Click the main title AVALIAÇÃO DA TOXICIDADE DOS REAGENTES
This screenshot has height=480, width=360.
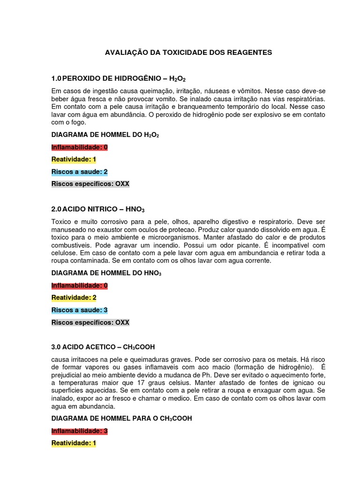click(188, 53)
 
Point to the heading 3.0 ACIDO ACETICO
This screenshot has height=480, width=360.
click(103, 347)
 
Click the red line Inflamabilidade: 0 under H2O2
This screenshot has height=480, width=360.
click(80, 147)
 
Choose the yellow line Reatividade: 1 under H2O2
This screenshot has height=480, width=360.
click(74, 159)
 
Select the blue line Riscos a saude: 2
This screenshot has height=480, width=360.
click(80, 172)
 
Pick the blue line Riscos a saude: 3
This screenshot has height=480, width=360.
click(80, 310)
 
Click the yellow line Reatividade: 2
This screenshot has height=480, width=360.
click(74, 298)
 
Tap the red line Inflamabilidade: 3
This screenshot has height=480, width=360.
click(80, 430)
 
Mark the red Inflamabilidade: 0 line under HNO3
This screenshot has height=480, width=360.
click(80, 285)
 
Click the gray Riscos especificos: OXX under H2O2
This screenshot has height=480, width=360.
click(90, 184)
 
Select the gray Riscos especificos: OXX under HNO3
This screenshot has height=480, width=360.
click(90, 322)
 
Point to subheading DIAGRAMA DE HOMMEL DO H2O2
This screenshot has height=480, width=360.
click(105, 135)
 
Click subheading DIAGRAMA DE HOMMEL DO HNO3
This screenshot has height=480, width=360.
click(105, 273)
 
